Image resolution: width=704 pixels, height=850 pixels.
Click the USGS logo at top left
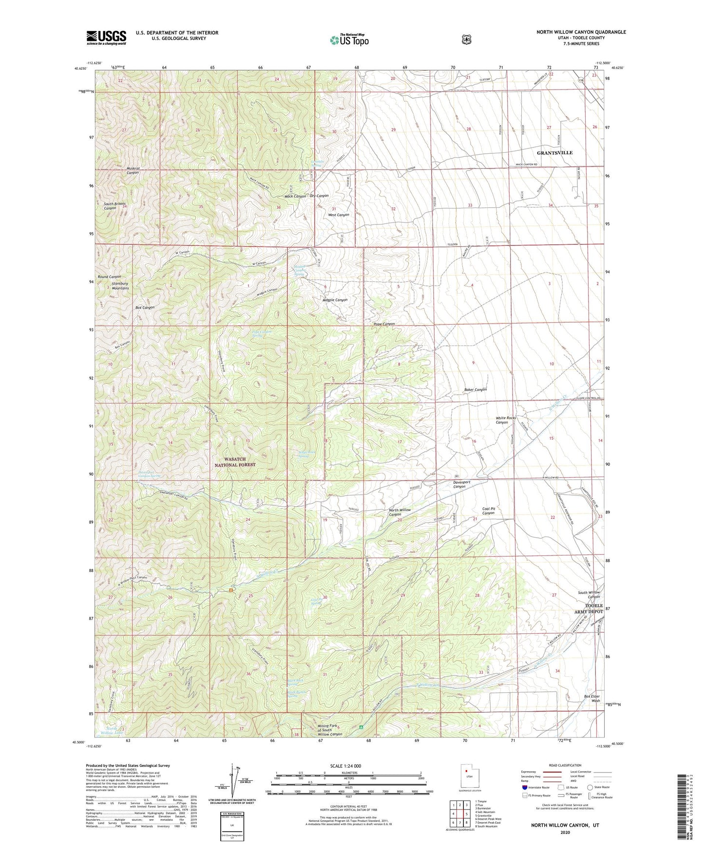106,37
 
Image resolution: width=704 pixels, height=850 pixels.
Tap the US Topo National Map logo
349,39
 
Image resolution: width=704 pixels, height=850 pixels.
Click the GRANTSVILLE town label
554,153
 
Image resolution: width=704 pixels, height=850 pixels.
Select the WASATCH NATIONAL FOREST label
235,462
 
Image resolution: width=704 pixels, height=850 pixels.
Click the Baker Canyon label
475,389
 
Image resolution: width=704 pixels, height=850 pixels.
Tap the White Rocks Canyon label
505,420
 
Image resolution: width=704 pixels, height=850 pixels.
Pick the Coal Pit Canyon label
489,511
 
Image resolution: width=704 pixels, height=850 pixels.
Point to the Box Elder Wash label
592,699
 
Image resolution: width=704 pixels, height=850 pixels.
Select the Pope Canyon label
384,324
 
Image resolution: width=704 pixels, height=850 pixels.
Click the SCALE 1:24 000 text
345,766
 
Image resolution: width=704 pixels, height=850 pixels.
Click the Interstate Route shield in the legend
524,800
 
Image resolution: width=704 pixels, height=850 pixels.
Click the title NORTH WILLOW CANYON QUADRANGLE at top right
581,32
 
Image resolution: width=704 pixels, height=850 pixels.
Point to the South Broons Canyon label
114,205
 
